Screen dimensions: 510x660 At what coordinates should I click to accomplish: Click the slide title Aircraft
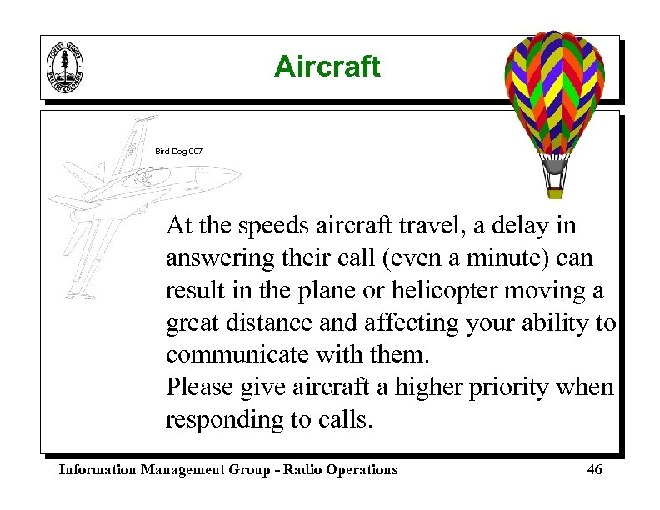(x=327, y=67)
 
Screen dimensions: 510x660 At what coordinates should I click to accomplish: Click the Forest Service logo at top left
(x=66, y=67)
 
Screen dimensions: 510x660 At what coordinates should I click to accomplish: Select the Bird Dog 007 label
(x=178, y=152)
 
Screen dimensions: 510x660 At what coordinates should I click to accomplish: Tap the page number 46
(x=594, y=470)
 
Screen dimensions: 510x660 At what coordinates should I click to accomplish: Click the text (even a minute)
(x=467, y=258)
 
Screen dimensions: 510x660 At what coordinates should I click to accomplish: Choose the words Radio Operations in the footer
(x=340, y=470)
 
